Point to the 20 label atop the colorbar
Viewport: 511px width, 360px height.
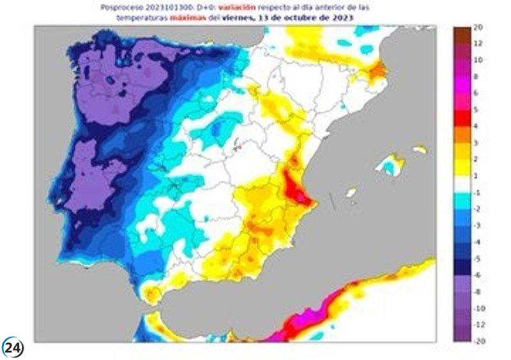(478, 27)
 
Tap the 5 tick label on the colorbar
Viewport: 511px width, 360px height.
(476, 110)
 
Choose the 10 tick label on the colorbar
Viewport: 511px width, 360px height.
(478, 60)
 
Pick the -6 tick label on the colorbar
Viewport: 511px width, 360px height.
(477, 274)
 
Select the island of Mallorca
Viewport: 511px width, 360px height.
(389, 166)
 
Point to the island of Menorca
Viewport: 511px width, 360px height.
(420, 149)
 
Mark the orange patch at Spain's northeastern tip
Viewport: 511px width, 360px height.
(379, 68)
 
